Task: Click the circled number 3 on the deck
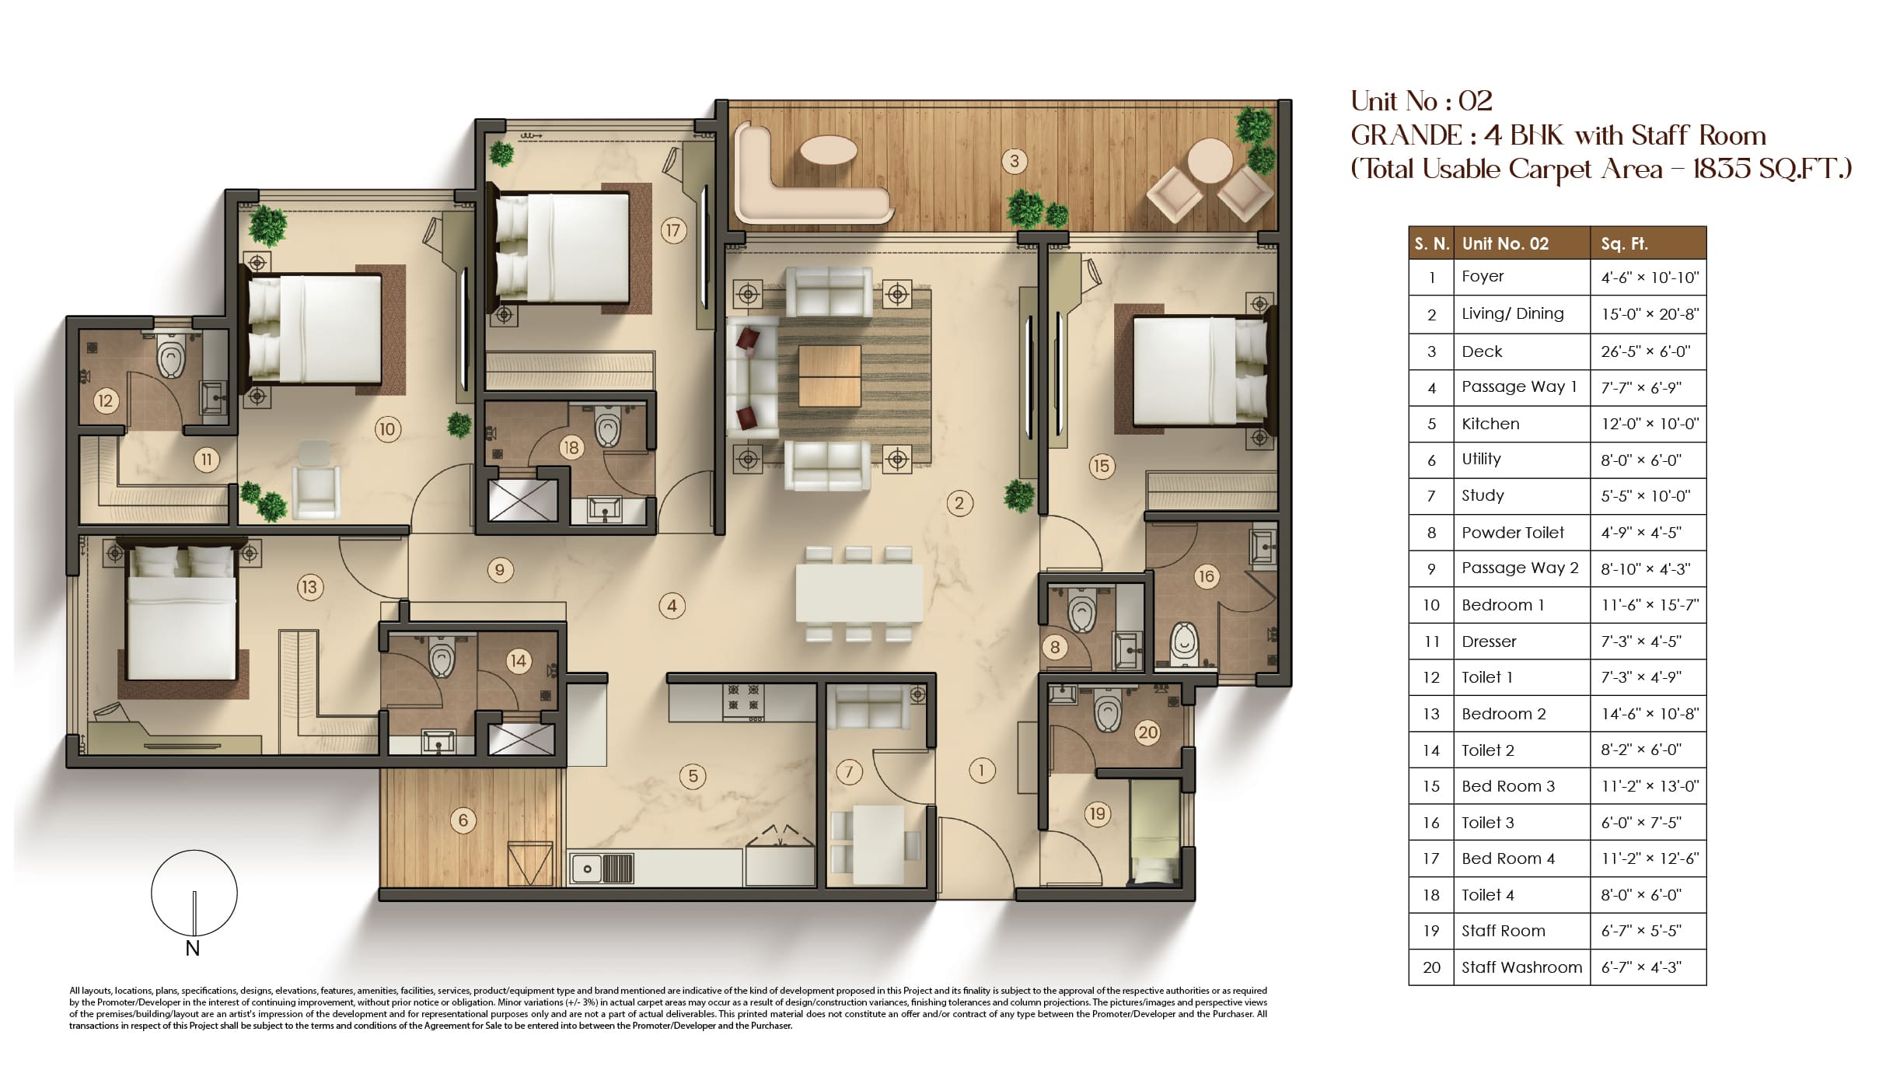pyautogui.click(x=1014, y=161)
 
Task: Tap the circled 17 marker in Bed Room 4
pyautogui.click(x=672, y=230)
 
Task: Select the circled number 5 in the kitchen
pyautogui.click(x=693, y=775)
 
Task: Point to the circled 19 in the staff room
pyautogui.click(x=1097, y=813)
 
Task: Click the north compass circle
pyautogui.click(x=194, y=893)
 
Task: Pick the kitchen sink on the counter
pyautogui.click(x=602, y=869)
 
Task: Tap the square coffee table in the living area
pyautogui.click(x=829, y=376)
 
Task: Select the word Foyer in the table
pyautogui.click(x=1483, y=276)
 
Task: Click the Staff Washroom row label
pyautogui.click(x=1521, y=967)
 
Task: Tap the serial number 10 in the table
pyautogui.click(x=1431, y=605)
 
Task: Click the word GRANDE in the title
pyautogui.click(x=1406, y=135)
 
